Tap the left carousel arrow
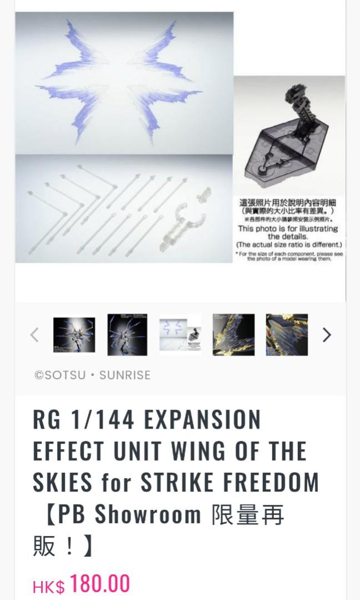tap(34, 335)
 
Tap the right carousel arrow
tap(327, 335)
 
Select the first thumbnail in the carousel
tap(74, 335)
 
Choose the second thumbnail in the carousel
tap(127, 335)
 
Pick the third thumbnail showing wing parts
tap(180, 335)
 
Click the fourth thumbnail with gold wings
tap(233, 335)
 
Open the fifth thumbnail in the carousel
tap(287, 335)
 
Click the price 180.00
tap(100, 584)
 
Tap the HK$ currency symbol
tap(48, 587)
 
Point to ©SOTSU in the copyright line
tap(60, 375)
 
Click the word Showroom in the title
tap(147, 515)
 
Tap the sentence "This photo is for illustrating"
tap(288, 228)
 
